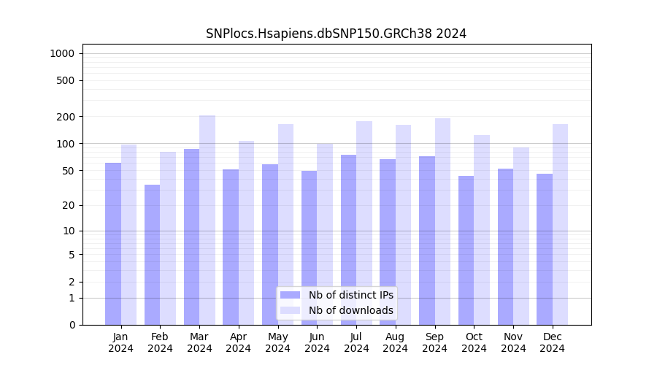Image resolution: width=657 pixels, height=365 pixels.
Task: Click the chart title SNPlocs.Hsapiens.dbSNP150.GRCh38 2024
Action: pos(336,34)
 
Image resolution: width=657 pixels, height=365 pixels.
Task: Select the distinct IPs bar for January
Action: pos(113,244)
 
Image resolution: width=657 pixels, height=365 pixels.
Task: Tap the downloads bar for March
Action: pos(207,220)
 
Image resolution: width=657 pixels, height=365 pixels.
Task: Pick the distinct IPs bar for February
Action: pos(152,255)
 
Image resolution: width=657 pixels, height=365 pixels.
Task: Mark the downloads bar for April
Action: pos(246,233)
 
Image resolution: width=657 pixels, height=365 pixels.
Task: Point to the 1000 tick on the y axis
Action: pos(62,53)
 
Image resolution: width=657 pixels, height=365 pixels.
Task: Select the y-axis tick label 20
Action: pos(69,205)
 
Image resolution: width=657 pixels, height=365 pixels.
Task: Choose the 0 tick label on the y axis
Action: pos(72,325)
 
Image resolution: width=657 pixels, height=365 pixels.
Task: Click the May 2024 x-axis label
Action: pos(277,342)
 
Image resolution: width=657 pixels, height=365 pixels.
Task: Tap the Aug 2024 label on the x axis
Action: pos(395,342)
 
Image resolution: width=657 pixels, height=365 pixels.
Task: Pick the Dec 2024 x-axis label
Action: pos(552,342)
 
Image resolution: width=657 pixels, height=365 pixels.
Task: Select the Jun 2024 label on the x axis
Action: pos(317,342)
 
